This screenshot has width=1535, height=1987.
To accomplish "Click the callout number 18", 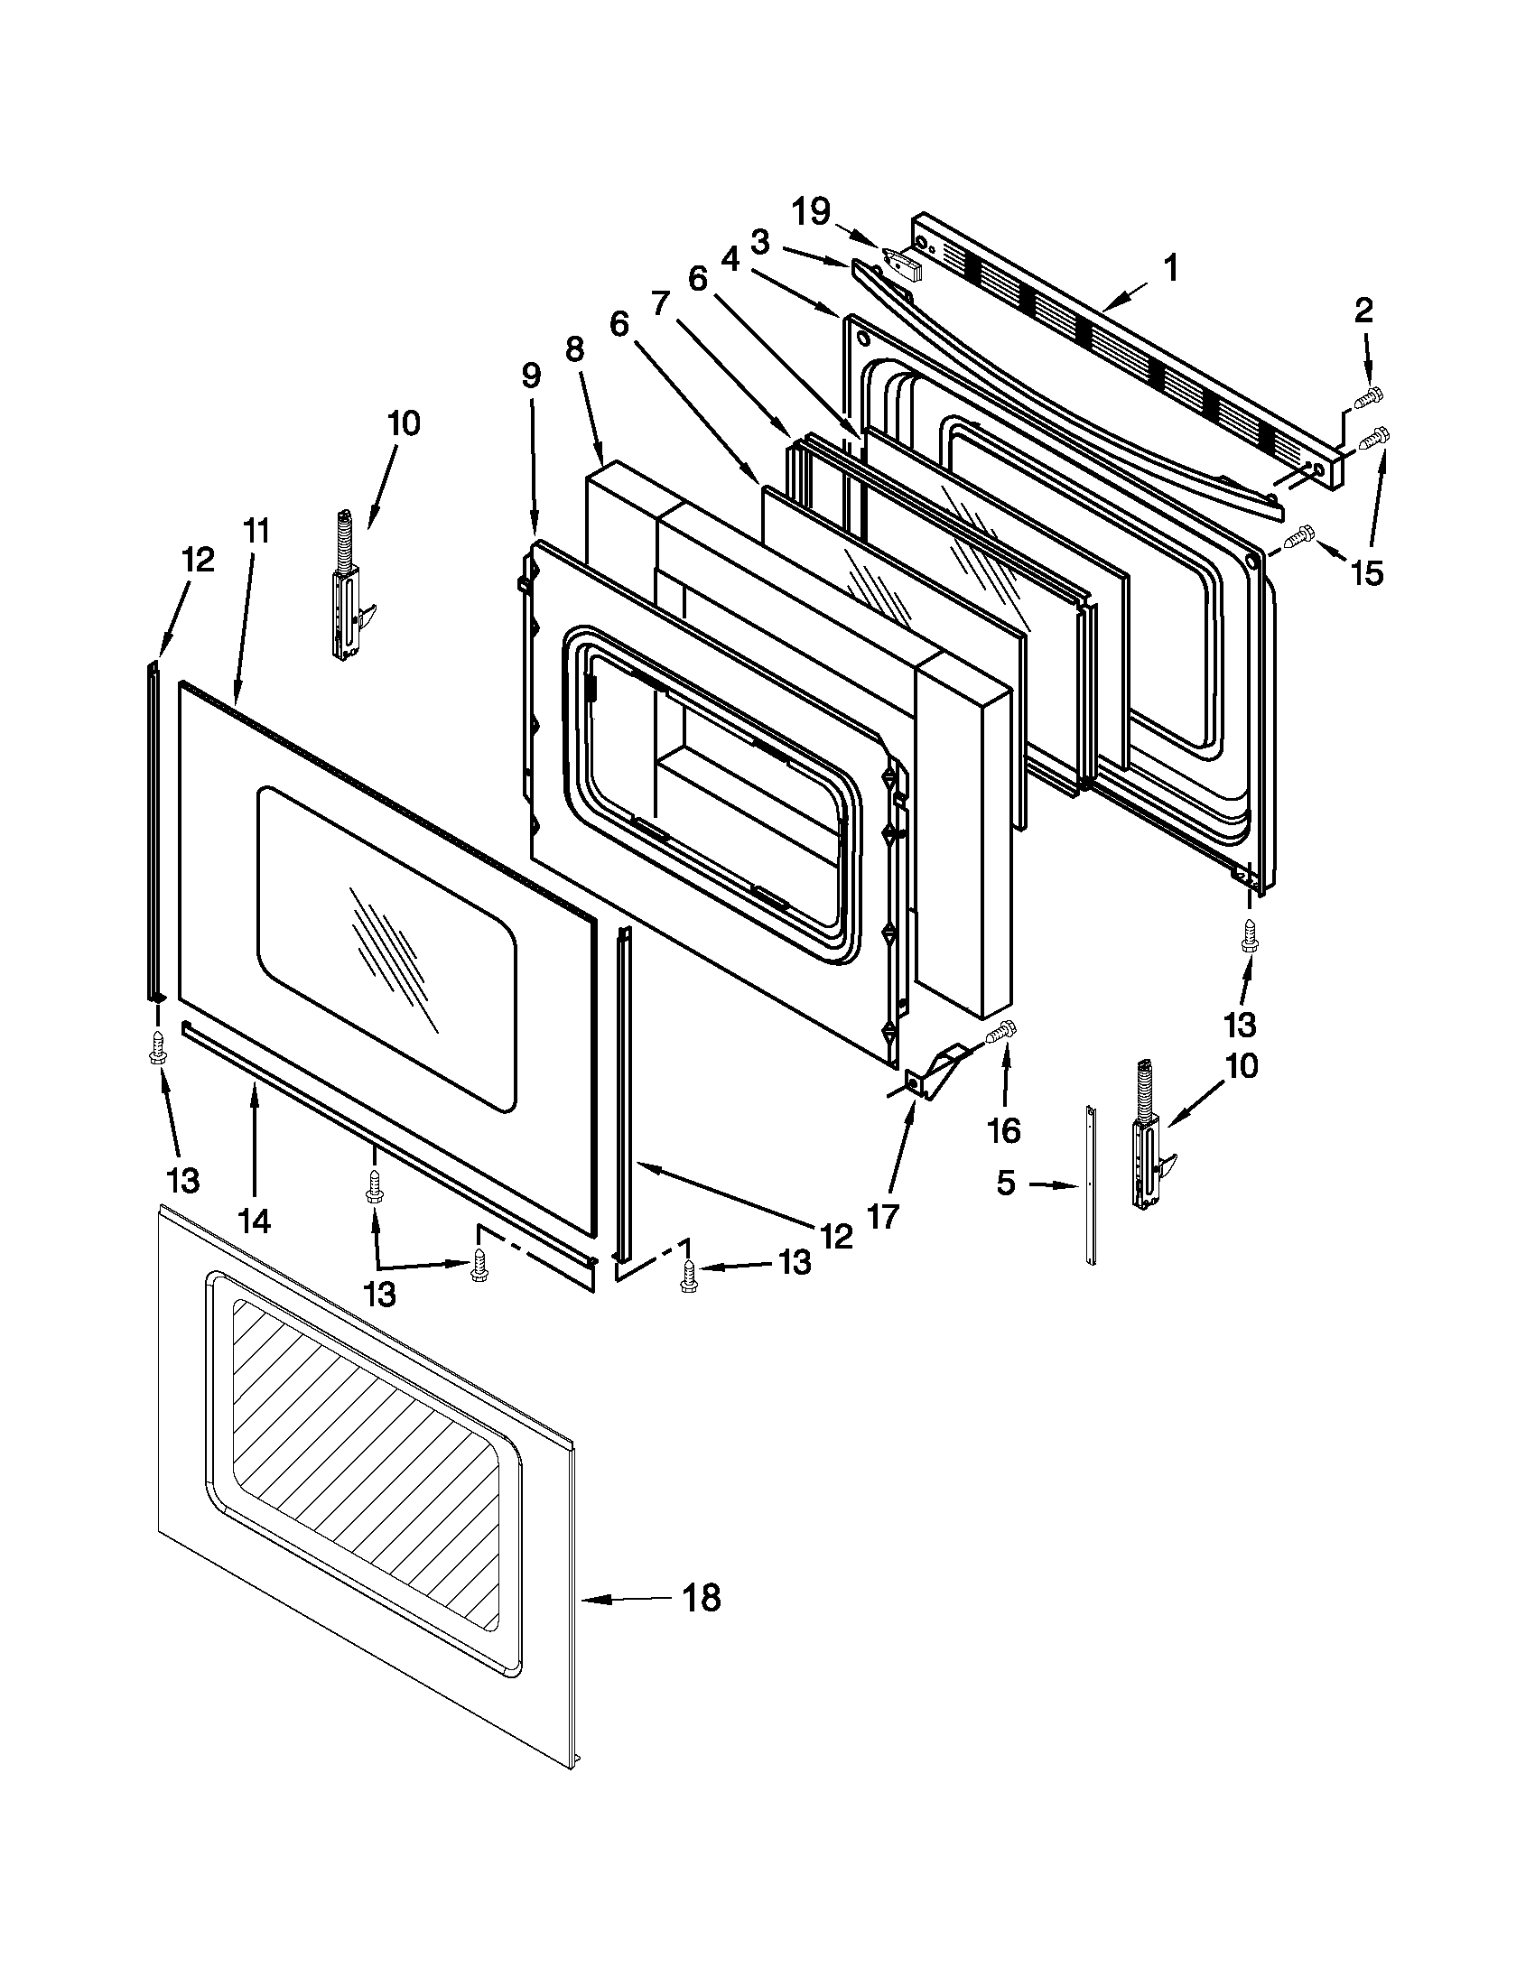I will (x=701, y=1598).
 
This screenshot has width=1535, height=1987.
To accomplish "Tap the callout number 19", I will (x=810, y=212).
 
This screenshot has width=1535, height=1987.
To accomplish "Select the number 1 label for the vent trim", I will (x=1170, y=268).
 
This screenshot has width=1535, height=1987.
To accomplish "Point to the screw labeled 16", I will (x=1000, y=1033).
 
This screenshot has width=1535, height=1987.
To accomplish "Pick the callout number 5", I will (x=1005, y=1184).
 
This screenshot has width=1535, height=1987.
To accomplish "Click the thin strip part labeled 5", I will (x=1091, y=1183).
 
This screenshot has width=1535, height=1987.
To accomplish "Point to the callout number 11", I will (x=256, y=531).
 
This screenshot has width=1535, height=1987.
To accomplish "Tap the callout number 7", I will (x=660, y=301).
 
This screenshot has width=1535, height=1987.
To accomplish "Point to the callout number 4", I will (x=730, y=259).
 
